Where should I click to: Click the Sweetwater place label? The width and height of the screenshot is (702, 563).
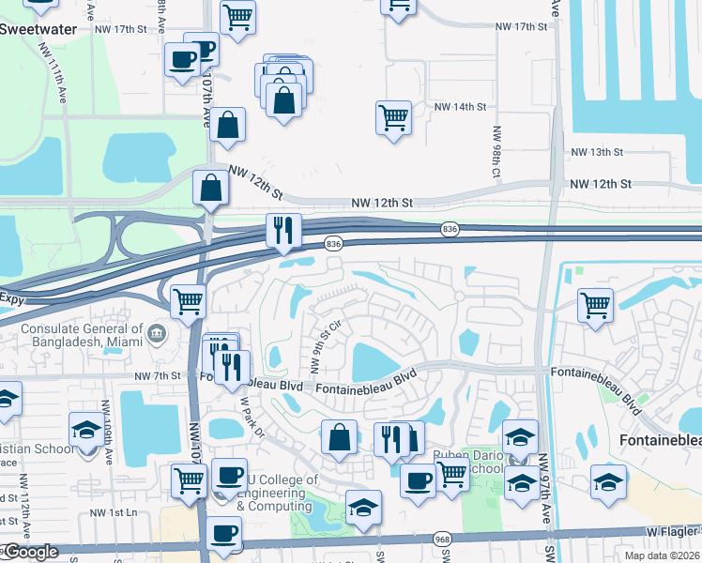tap(40, 28)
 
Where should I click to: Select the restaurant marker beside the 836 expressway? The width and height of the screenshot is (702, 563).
tap(282, 230)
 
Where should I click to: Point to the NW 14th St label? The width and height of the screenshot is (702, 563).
tap(460, 107)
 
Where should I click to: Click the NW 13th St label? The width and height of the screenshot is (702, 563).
tap(597, 152)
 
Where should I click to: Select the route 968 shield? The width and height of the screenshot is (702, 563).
tap(443, 539)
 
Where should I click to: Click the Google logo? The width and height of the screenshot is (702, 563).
tap(30, 553)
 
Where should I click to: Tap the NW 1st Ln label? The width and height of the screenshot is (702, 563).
tap(114, 512)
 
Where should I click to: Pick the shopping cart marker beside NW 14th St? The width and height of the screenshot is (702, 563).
tap(392, 118)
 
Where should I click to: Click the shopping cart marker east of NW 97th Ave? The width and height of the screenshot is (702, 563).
tap(595, 305)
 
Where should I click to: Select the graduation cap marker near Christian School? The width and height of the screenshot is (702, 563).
tap(87, 431)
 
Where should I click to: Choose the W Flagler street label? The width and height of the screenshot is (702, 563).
tap(672, 531)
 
